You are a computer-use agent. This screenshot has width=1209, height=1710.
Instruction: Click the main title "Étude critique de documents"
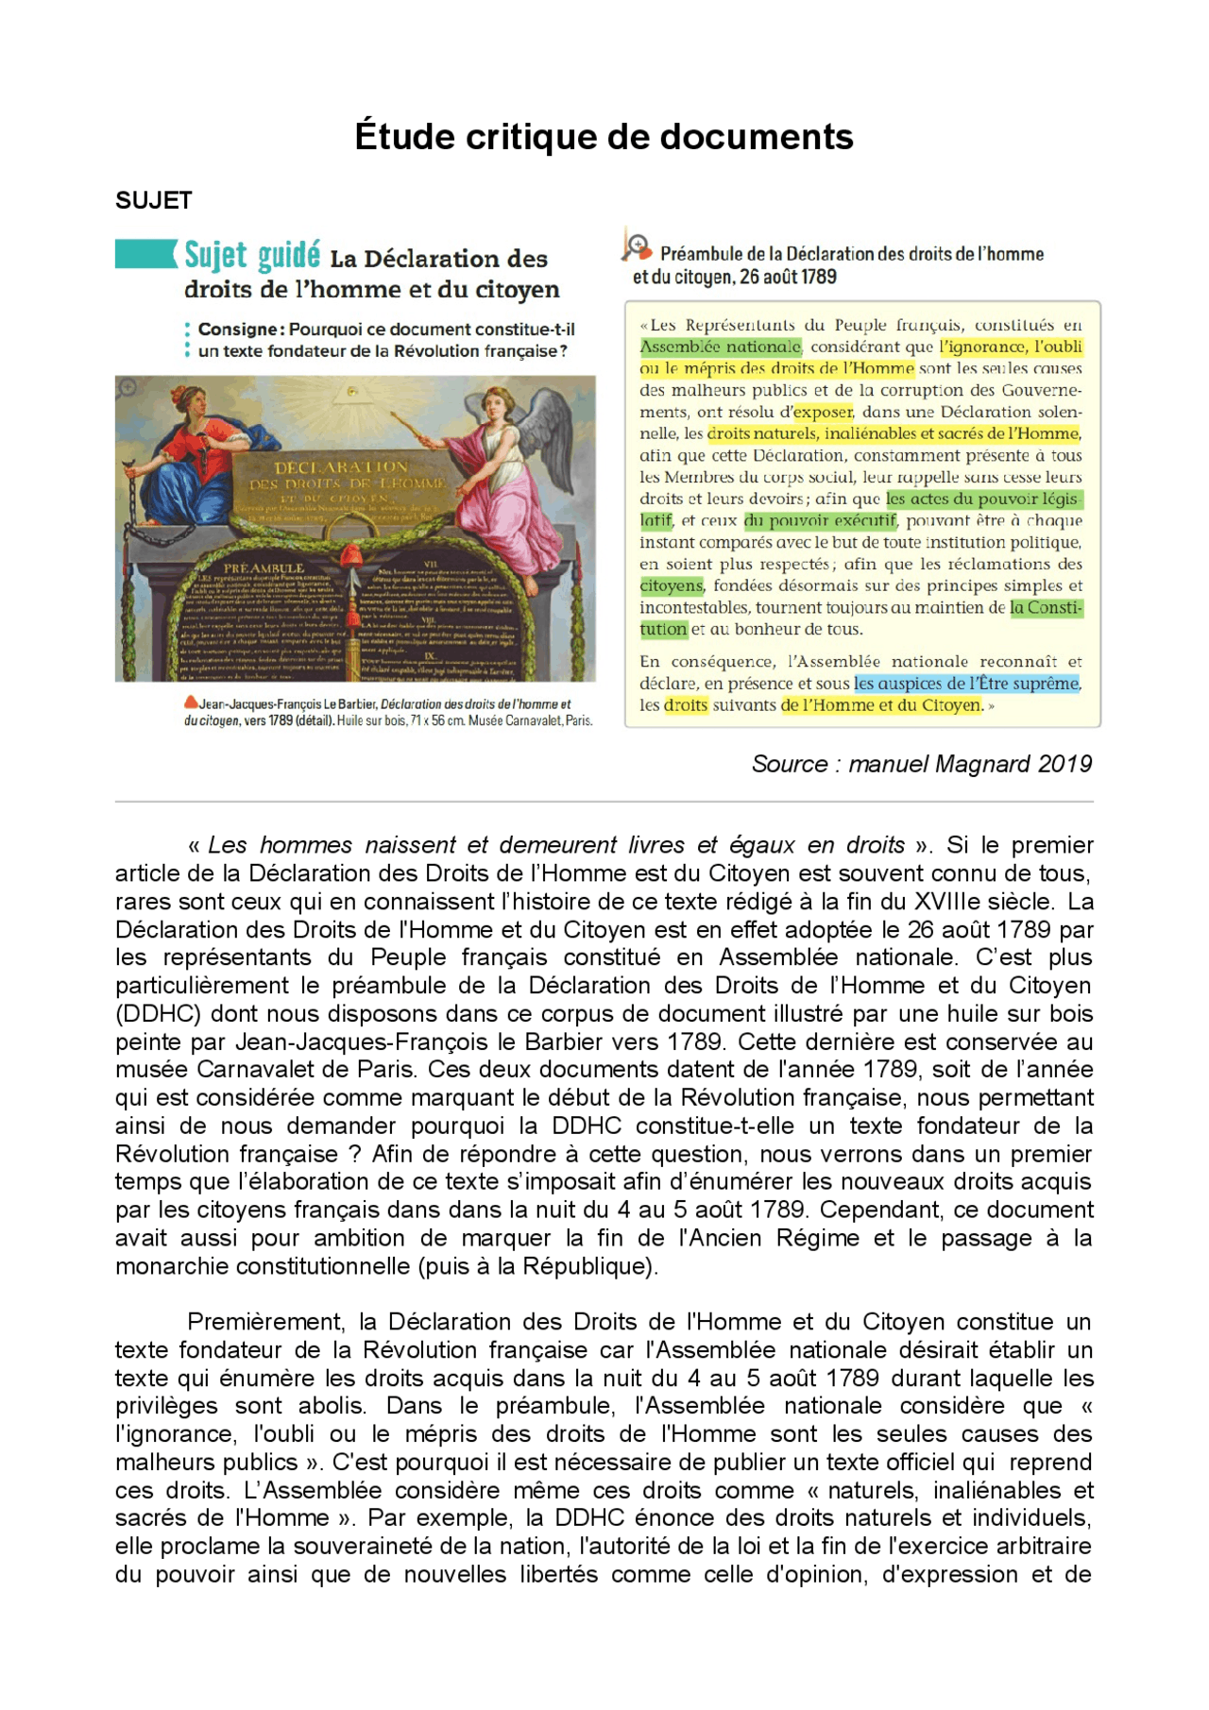tap(604, 137)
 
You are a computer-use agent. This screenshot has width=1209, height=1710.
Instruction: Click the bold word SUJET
tap(154, 200)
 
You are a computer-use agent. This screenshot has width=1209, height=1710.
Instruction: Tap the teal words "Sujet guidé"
tap(251, 255)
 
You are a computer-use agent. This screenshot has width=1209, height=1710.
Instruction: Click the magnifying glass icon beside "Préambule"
tap(636, 246)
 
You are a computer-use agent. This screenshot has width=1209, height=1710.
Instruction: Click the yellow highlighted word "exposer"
tap(823, 412)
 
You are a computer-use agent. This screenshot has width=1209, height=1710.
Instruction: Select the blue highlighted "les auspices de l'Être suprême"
tap(966, 683)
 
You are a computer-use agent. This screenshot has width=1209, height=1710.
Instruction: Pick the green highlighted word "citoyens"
tap(672, 585)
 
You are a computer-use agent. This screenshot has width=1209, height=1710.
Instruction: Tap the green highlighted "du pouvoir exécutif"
tap(820, 520)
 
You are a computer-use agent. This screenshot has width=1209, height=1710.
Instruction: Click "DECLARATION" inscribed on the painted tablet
tap(341, 467)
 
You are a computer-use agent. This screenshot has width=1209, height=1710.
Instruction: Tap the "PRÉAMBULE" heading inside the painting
tap(264, 568)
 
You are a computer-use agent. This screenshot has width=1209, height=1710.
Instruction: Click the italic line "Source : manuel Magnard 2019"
tap(921, 764)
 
